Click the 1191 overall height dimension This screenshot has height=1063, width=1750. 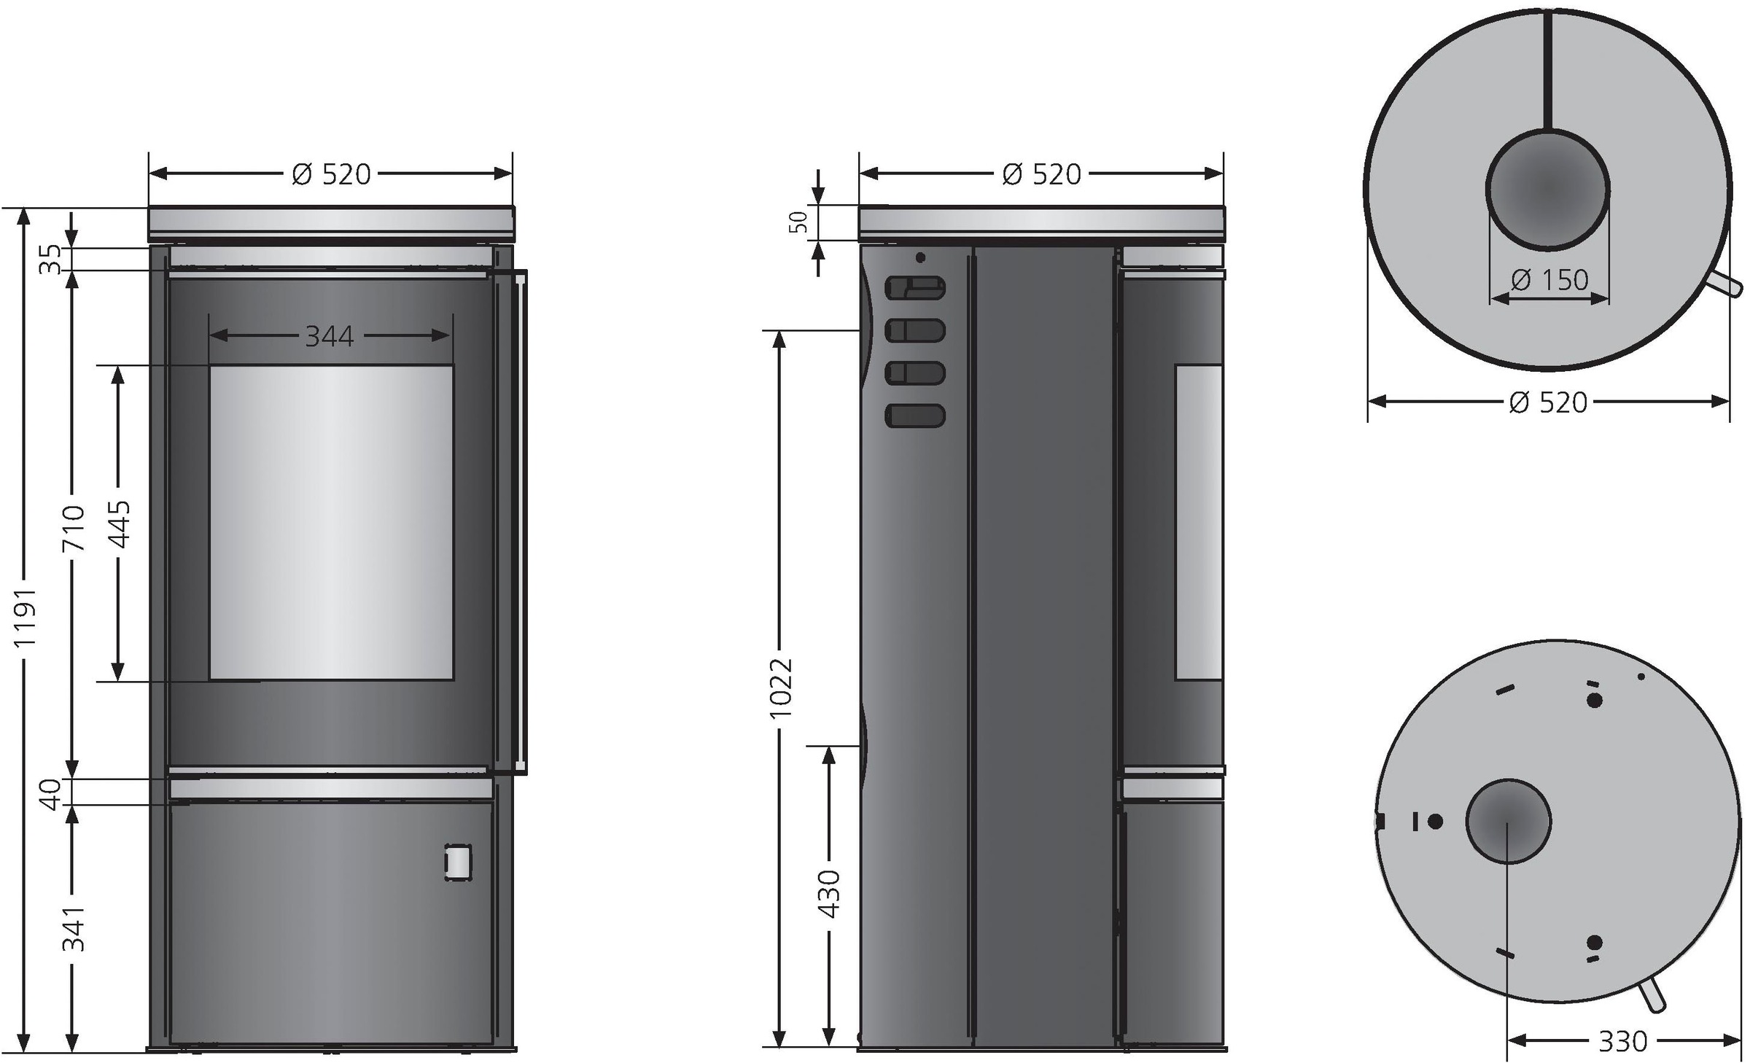pyautogui.click(x=26, y=619)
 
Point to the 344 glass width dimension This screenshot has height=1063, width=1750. pyautogui.click(x=330, y=336)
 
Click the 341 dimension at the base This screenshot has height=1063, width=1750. pyautogui.click(x=73, y=928)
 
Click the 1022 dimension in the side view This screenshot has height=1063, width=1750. pyautogui.click(x=781, y=687)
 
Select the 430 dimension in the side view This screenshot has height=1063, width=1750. pyautogui.click(x=829, y=893)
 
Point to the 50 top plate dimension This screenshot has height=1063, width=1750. pyautogui.click(x=801, y=222)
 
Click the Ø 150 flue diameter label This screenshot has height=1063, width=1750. pyautogui.click(x=1549, y=280)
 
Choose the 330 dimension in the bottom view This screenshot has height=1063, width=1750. pyautogui.click(x=1622, y=1041)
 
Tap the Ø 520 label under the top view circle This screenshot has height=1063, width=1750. pyautogui.click(x=1548, y=402)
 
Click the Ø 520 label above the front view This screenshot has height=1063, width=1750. pyautogui.click(x=332, y=174)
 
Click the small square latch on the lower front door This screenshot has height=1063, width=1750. pyautogui.click(x=457, y=863)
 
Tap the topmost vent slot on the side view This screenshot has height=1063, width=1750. pyautogui.click(x=914, y=288)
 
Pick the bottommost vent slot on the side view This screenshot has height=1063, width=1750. pyautogui.click(x=914, y=416)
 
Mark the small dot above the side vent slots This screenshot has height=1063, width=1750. pyautogui.click(x=920, y=257)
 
